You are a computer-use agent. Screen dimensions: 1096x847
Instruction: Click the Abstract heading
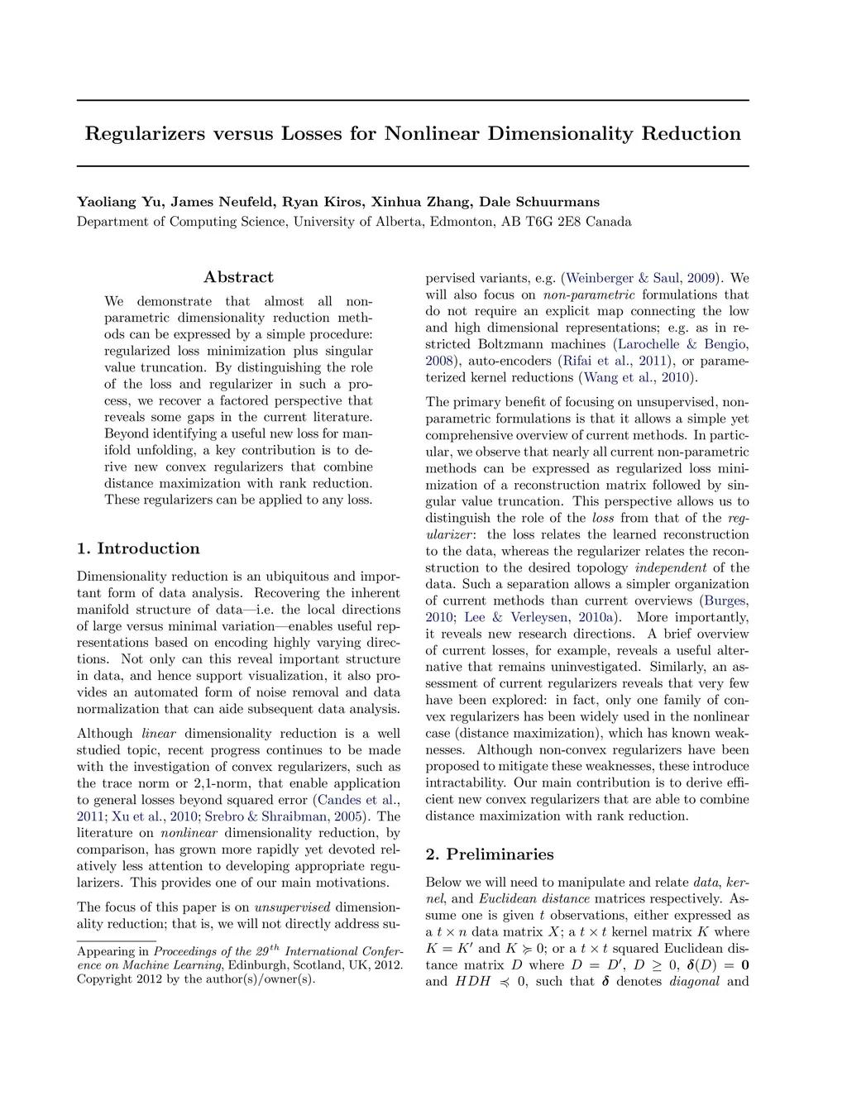point(238,277)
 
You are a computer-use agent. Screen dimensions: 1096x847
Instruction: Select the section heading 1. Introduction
point(138,548)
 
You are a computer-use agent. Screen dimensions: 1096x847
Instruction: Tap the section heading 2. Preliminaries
point(490,854)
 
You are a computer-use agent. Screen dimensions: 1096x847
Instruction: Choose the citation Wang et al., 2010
point(638,377)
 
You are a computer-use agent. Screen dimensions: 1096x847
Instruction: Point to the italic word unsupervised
point(292,907)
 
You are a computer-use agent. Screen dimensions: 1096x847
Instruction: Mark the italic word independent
point(670,567)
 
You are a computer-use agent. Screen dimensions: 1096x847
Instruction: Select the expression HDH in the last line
point(472,982)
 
